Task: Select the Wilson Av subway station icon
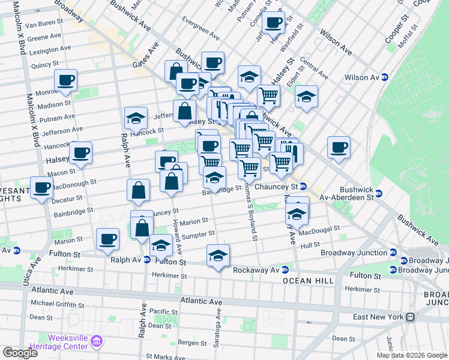click(x=384, y=77)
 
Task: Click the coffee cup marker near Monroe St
click(x=66, y=80)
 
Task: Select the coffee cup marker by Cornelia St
click(x=273, y=23)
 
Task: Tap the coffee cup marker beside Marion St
click(x=108, y=239)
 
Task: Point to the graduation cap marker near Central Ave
click(x=306, y=96)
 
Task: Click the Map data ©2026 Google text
click(x=411, y=355)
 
